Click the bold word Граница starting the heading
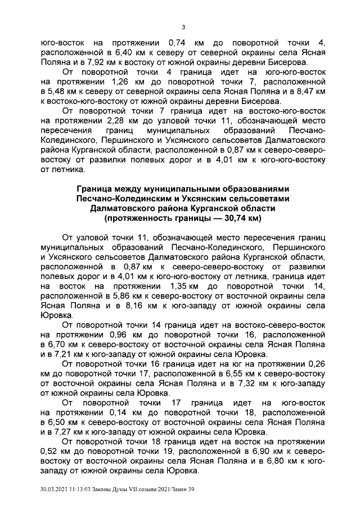(x=94, y=188)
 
